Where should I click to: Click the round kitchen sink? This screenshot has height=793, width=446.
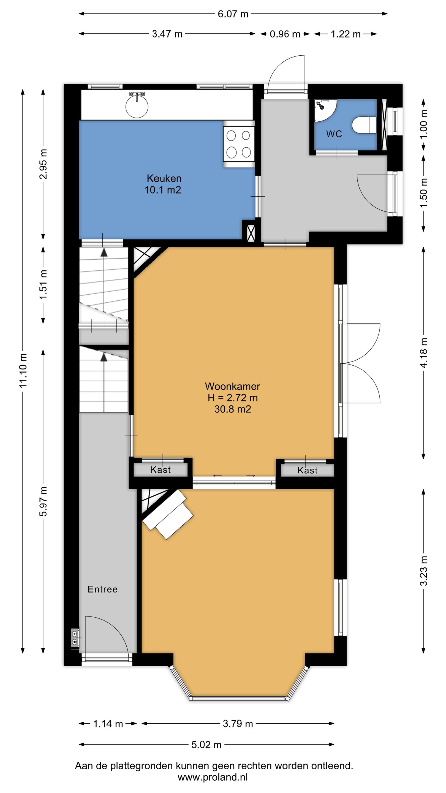click(137, 106)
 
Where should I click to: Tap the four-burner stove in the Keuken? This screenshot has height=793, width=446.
click(239, 144)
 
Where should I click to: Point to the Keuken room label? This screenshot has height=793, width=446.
click(164, 178)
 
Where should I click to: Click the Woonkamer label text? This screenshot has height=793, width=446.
click(232, 386)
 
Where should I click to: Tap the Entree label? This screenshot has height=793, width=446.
click(102, 589)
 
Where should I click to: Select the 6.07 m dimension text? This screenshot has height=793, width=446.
click(233, 14)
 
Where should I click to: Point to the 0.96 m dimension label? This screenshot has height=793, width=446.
click(285, 34)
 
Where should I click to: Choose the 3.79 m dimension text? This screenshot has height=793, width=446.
click(238, 723)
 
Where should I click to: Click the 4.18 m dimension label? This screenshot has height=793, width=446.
click(424, 353)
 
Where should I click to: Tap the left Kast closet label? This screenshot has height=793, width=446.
click(161, 469)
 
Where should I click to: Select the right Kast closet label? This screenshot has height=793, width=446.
click(308, 470)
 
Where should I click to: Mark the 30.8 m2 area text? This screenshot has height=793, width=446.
click(233, 409)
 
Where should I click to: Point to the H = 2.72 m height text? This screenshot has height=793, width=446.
click(233, 398)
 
